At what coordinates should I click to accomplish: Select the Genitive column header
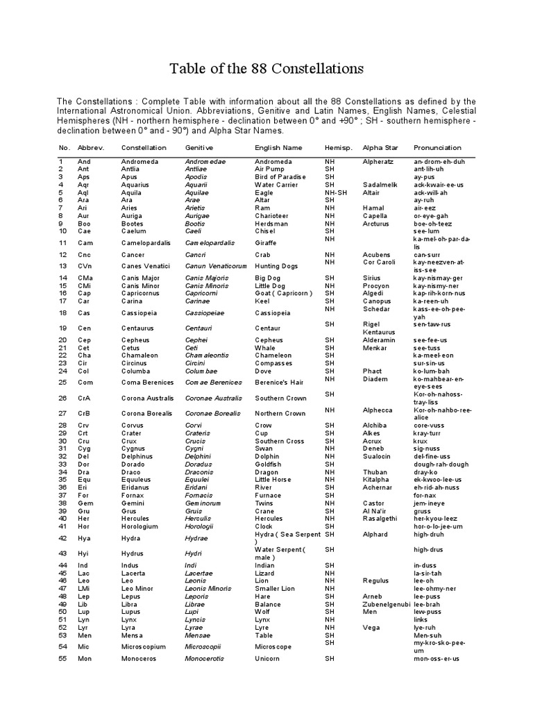point(199,148)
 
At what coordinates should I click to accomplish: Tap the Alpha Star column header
point(382,148)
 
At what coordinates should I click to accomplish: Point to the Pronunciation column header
point(437,148)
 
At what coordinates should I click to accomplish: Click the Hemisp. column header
point(339,148)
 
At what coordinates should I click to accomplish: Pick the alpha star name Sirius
point(373,278)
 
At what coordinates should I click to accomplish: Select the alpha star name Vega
point(371,627)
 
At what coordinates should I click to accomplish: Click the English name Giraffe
point(266,243)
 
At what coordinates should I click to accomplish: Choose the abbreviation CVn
point(66,266)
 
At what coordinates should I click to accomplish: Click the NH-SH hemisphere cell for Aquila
point(336,192)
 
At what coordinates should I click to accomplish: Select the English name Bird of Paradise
point(280,177)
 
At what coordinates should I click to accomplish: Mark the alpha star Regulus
point(375,580)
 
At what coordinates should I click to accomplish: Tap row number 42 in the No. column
point(62,537)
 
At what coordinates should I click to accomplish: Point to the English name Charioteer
point(273,216)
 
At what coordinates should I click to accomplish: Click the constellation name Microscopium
point(143,646)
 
